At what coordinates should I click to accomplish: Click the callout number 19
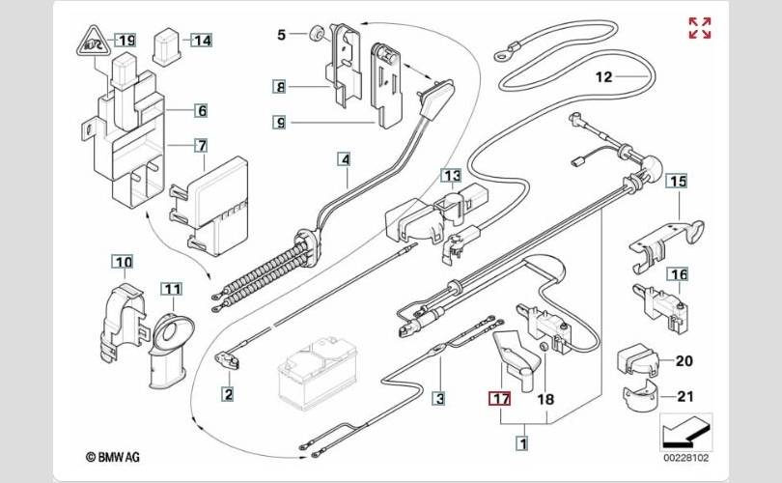[x=126, y=41]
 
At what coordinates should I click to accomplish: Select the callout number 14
[x=201, y=41]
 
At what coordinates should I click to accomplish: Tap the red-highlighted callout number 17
[x=500, y=398]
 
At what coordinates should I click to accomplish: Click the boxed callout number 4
[x=345, y=158]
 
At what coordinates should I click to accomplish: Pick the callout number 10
[x=123, y=262]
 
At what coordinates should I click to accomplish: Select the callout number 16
[x=680, y=275]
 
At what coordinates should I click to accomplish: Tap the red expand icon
[x=700, y=29]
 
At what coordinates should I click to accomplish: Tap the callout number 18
[x=544, y=398]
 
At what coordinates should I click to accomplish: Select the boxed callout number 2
[x=227, y=393]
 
